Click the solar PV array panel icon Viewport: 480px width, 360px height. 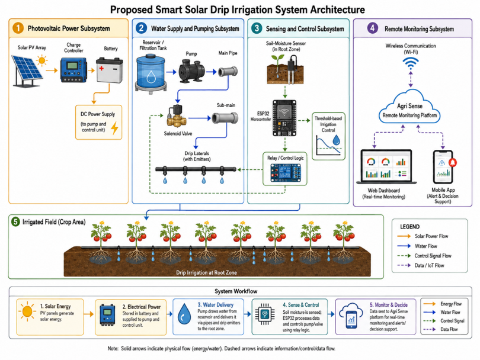27,71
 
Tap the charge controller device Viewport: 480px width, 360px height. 73,70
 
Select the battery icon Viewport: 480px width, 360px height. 109,70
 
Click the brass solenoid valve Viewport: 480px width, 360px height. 175,115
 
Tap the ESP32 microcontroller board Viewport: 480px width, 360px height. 284,118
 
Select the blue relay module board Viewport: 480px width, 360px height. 285,173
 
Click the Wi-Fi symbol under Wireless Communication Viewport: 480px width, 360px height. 411,63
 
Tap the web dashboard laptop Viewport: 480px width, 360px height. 386,167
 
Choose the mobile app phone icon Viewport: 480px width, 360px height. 443,167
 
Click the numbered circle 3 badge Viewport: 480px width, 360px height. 257,28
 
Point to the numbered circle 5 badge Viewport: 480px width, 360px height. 15,221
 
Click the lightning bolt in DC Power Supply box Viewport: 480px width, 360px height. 114,128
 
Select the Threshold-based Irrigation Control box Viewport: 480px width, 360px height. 328,136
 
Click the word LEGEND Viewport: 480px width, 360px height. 409,227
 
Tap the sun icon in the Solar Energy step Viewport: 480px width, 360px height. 27,311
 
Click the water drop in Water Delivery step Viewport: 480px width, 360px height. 184,314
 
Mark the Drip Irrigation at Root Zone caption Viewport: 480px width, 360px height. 206,272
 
